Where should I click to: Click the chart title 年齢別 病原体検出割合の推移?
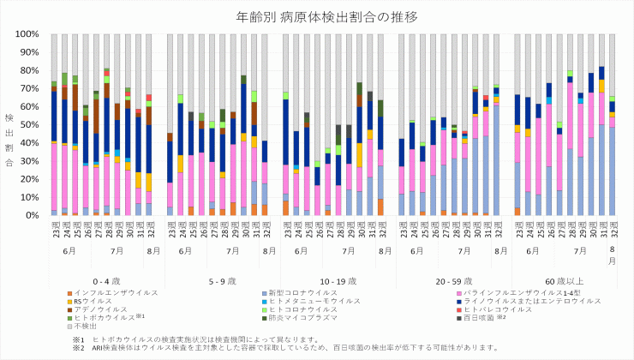(317, 16)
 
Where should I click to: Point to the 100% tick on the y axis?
(28, 34)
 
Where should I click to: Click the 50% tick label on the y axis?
(31, 125)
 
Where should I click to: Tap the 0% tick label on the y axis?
(33, 215)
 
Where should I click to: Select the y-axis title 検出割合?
(10, 125)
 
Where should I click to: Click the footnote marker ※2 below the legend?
(79, 347)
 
